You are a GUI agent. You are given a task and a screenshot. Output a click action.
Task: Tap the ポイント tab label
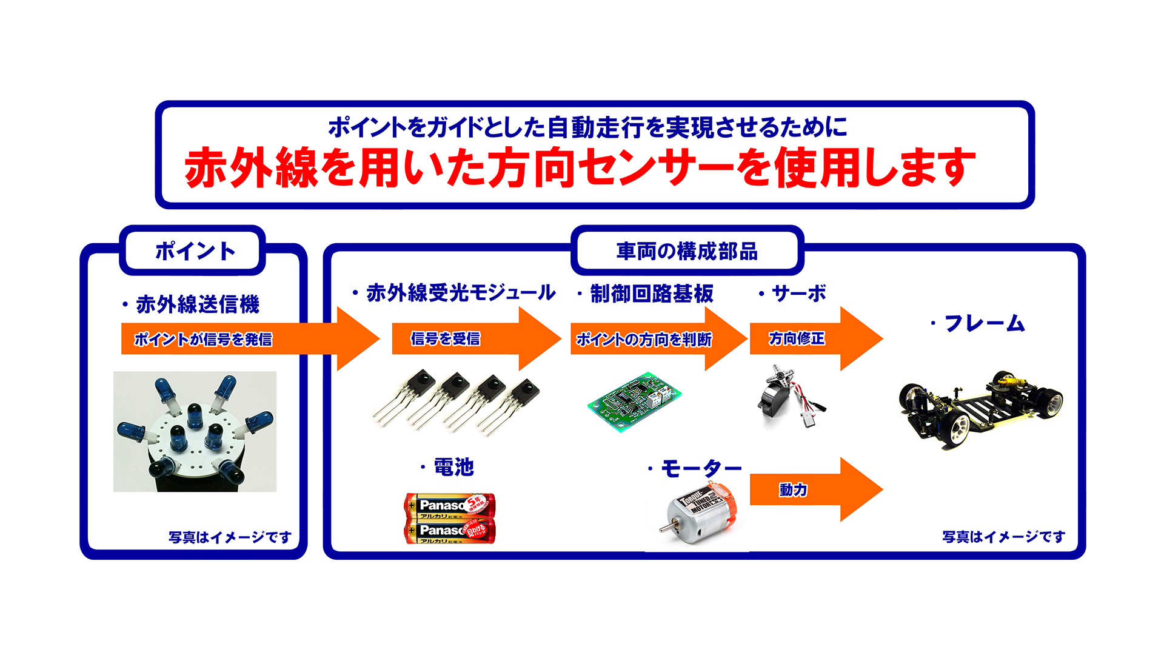195,251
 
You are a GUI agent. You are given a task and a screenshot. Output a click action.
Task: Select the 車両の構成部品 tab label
687,251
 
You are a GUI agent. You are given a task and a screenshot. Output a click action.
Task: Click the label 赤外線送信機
197,304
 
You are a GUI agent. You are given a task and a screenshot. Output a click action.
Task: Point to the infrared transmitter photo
195,431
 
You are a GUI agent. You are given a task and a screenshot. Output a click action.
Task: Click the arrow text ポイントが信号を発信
203,339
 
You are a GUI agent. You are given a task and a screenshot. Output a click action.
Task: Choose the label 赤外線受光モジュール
461,293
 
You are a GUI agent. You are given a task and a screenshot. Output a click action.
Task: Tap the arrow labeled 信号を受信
446,338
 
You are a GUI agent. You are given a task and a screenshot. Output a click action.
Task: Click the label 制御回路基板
652,294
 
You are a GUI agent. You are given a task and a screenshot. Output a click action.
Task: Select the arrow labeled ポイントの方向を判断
644,339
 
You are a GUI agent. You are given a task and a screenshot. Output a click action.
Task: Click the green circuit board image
634,401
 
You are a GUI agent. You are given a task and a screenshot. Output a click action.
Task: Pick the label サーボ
798,294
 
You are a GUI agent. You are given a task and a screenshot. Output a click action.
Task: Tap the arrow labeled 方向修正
797,338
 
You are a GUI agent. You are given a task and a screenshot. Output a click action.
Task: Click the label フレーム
984,323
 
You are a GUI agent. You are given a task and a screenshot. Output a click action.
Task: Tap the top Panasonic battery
450,505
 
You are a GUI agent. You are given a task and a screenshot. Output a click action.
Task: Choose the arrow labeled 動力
793,489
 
